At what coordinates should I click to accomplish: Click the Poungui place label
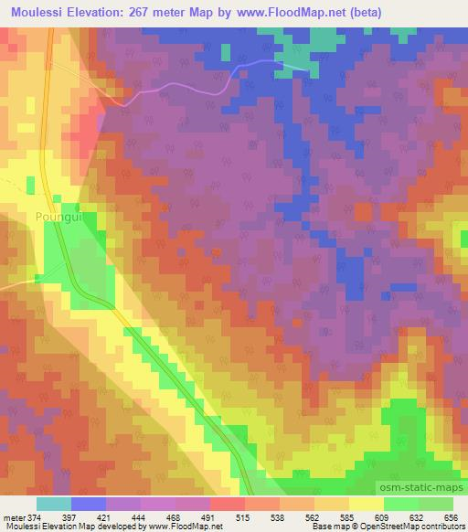56,218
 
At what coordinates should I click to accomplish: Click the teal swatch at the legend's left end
53,504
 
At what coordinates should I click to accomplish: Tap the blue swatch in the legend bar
88,504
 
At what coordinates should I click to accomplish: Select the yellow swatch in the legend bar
366,504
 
